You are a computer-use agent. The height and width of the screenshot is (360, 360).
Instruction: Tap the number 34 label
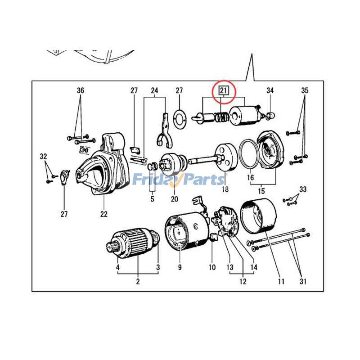[270, 91]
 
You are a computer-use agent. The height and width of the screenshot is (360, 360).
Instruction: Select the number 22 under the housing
[104, 214]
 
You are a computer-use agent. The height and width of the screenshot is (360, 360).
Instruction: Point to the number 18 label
[225, 190]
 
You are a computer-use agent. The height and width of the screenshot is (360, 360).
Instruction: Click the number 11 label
[281, 282]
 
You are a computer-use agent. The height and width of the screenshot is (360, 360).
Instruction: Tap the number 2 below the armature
[138, 282]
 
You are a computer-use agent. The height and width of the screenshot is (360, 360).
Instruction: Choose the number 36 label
[80, 91]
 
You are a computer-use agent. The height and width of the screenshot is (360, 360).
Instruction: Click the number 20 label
[174, 199]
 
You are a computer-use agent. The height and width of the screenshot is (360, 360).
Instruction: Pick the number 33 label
[303, 190]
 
